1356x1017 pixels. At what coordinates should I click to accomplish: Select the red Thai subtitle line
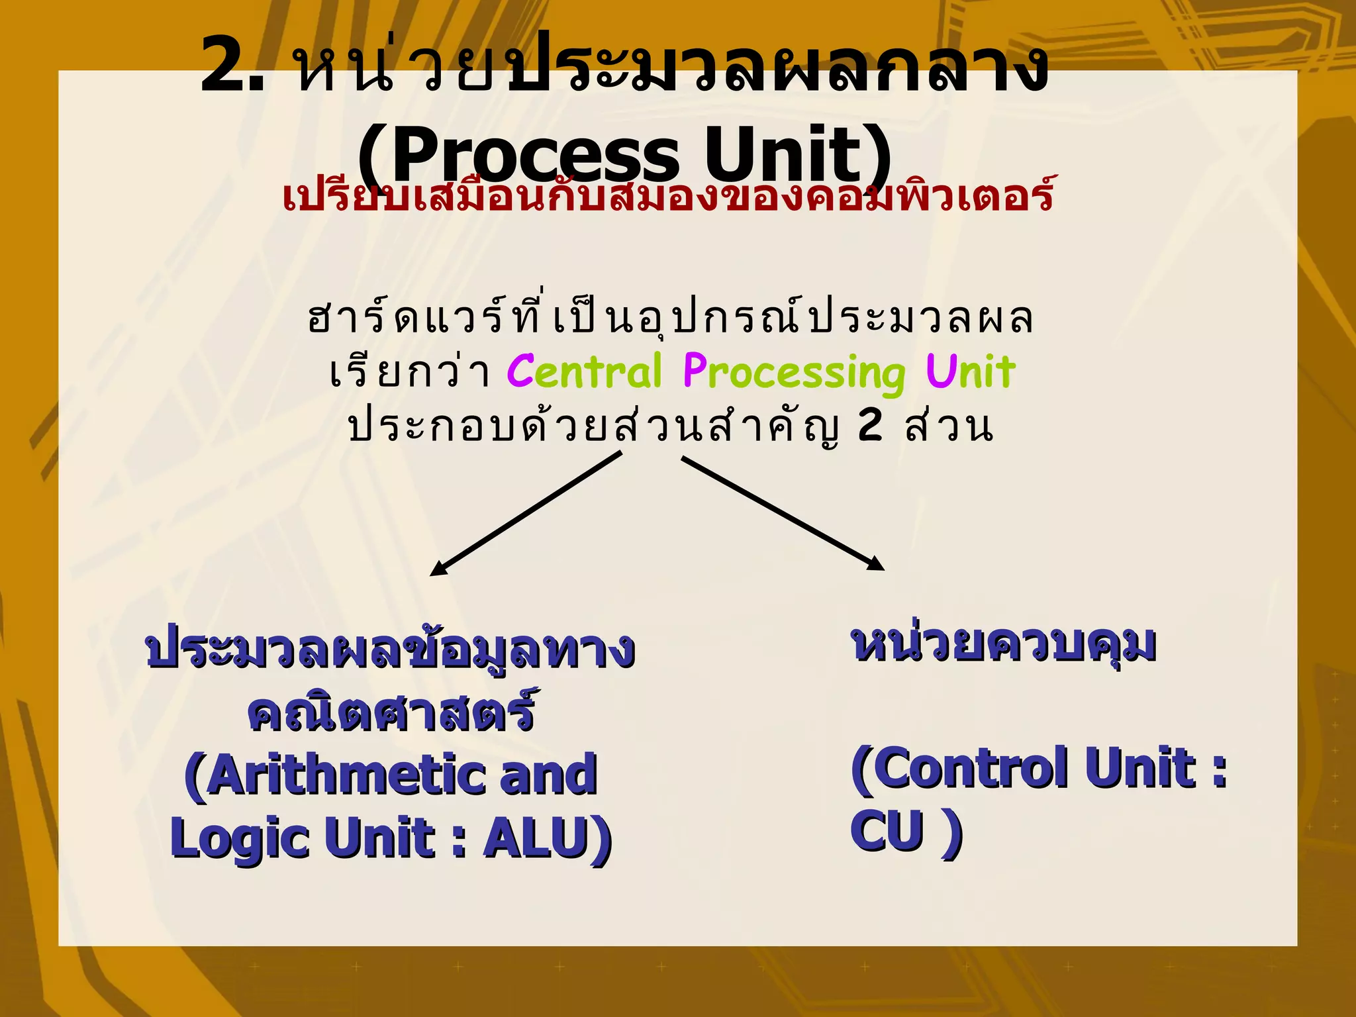tap(667, 196)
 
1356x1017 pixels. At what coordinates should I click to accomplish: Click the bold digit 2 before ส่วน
tap(870, 426)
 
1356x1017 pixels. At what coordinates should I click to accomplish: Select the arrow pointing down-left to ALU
tap(526, 514)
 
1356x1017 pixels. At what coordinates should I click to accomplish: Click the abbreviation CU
tap(887, 830)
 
